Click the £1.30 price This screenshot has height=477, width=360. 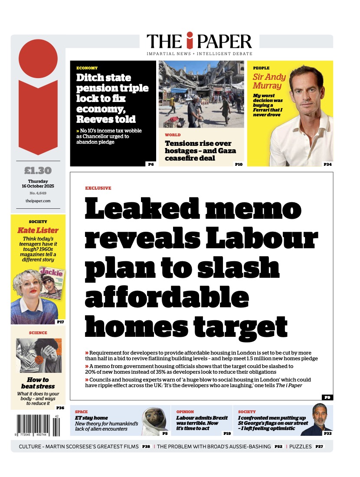coord(38,171)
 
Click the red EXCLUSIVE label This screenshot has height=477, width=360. coord(98,188)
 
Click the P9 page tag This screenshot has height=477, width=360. coord(327,397)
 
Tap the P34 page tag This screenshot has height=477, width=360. coord(327,164)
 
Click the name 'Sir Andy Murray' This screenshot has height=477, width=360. coord(269,81)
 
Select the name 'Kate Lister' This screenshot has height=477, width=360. coord(38,230)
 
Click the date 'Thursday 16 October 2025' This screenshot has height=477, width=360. coord(38,184)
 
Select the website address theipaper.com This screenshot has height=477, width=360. coord(38,201)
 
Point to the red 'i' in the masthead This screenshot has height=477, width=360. coord(189,41)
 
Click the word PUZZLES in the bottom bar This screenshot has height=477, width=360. coord(301,446)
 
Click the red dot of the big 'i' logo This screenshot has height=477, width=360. coord(38,59)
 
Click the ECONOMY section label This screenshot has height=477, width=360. coord(87,68)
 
